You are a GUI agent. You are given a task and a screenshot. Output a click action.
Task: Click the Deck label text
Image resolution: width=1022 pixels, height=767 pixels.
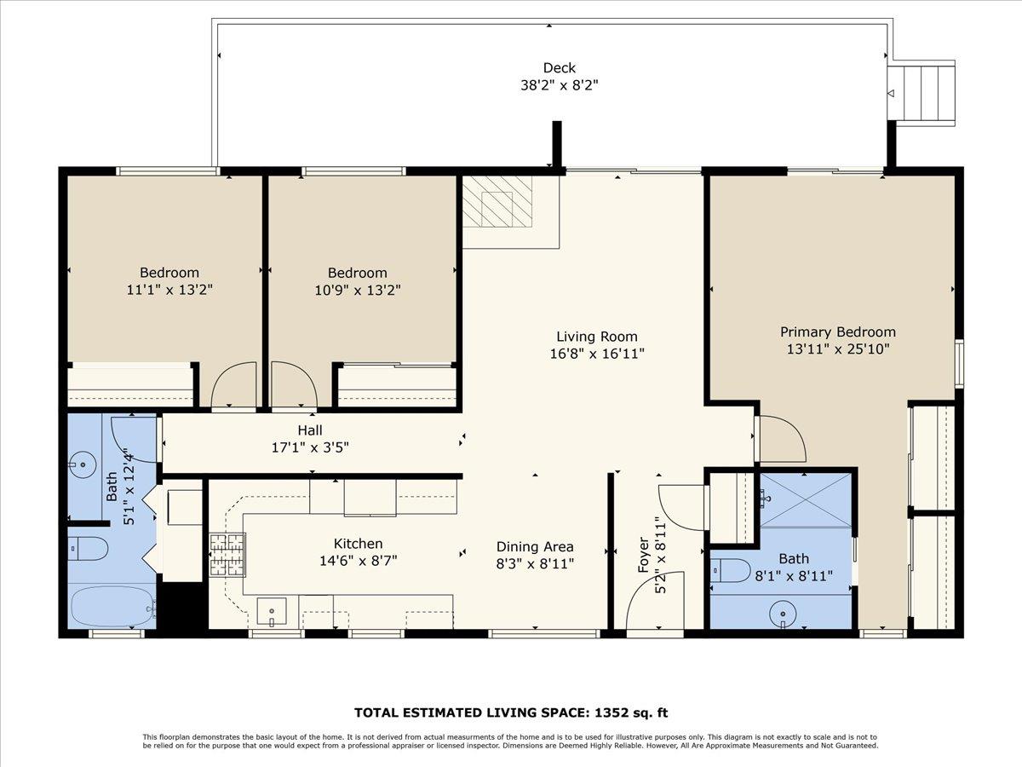[x=560, y=68]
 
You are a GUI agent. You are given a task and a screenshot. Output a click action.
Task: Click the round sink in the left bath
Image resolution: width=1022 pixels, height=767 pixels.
[x=83, y=466]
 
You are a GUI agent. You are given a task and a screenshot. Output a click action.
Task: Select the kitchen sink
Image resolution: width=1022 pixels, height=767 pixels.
[x=272, y=611]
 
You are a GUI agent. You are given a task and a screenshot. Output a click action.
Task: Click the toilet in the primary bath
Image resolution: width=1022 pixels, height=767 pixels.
[x=731, y=570]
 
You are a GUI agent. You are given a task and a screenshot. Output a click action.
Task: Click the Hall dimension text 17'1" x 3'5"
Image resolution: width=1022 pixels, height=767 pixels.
[x=310, y=447]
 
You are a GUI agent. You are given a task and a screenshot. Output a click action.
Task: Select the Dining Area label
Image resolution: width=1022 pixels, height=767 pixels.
[x=535, y=547]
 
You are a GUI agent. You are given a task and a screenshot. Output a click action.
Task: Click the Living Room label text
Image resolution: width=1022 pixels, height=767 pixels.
[x=596, y=337]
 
